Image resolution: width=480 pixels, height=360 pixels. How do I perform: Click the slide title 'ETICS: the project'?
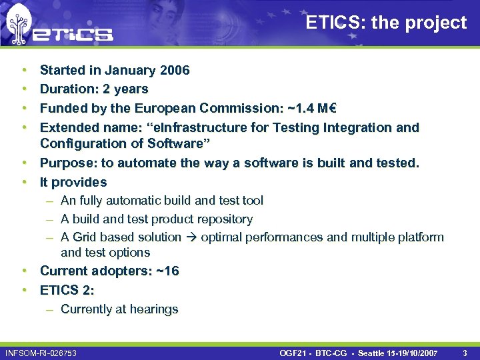pyautogui.click(x=386, y=23)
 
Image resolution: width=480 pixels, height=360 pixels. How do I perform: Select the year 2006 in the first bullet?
pyautogui.click(x=175, y=70)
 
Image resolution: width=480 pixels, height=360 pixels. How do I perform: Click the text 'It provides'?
pyautogui.click(x=73, y=182)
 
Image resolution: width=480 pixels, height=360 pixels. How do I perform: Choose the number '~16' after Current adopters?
pyautogui.click(x=165, y=271)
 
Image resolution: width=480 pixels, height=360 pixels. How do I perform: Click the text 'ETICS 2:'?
pyautogui.click(x=67, y=290)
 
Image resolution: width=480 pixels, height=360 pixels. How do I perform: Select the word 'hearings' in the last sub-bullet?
pyautogui.click(x=156, y=309)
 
